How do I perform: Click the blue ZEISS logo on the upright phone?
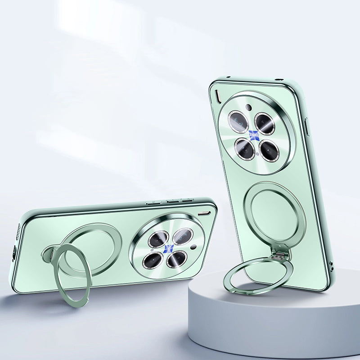point(253,134)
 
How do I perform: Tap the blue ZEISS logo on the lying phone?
point(168,249)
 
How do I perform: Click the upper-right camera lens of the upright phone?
point(265,123)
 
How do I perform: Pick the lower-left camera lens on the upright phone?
point(245,148)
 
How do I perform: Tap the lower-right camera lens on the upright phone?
point(270,151)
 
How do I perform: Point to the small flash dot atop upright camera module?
point(248,107)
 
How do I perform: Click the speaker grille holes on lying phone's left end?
point(18,232)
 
